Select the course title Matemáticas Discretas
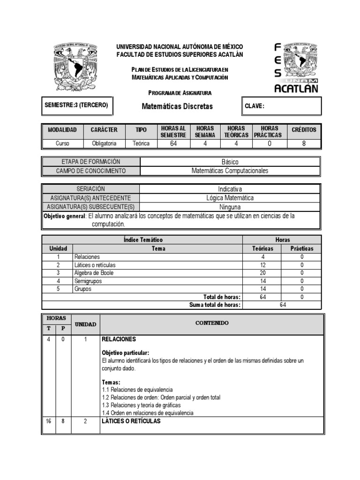pos(177,106)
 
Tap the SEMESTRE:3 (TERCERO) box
pos(76,105)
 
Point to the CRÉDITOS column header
pos(304,130)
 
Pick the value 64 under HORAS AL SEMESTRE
pos(173,143)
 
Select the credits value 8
pos(304,143)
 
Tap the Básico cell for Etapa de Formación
pos(230,162)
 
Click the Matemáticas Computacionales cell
pos(230,171)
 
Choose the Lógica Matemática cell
pos(230,198)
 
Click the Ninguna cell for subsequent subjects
pos(230,207)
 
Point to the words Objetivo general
pos(65,216)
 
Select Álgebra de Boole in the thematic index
pos(94,273)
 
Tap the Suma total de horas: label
pos(215,305)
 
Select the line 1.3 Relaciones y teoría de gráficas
pos(141,405)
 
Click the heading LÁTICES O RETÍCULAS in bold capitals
pos(131,421)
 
